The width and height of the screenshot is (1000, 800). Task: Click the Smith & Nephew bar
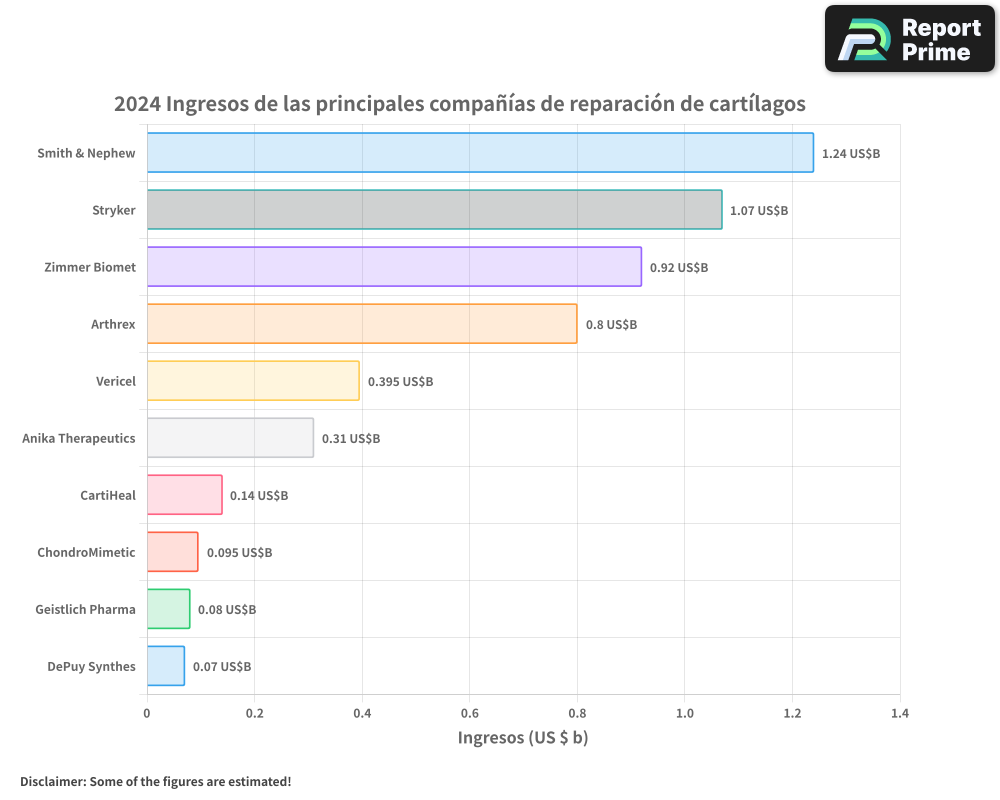point(480,153)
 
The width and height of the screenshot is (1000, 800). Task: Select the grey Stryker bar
point(434,210)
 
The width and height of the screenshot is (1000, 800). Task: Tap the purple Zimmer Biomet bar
point(394,267)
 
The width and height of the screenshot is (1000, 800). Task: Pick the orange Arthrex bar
point(362,324)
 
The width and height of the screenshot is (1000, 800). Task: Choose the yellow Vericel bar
point(253,381)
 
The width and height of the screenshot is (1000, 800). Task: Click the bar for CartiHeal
point(184,495)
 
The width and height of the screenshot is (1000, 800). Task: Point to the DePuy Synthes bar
point(166,666)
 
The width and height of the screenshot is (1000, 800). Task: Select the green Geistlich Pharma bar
point(168,609)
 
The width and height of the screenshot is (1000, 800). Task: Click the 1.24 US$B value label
point(850,154)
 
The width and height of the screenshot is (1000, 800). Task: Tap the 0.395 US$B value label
point(400,382)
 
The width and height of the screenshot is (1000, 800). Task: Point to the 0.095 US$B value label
point(239,553)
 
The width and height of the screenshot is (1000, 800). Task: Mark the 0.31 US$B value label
point(351,439)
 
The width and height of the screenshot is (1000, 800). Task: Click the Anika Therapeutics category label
point(79,439)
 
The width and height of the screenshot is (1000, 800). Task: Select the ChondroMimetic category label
point(86,553)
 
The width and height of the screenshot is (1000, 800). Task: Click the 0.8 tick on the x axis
point(577,714)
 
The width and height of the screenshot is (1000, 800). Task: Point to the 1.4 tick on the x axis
point(899,714)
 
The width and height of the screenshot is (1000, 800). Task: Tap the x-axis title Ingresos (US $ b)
point(523,738)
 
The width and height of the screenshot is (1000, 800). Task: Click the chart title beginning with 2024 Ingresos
point(459,104)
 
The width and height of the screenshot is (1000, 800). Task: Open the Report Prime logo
point(910,39)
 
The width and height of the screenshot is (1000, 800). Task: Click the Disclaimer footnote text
point(156,781)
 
